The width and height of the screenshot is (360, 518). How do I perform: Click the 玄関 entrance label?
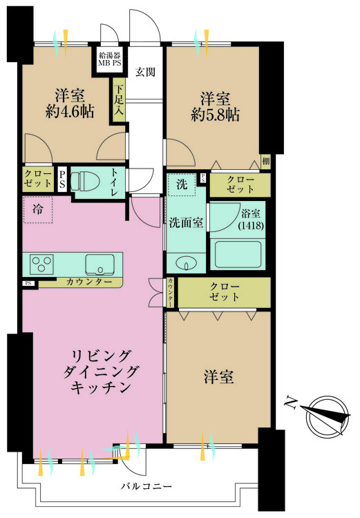145,70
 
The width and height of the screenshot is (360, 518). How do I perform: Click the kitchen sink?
101,264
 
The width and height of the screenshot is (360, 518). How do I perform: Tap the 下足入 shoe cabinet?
120,101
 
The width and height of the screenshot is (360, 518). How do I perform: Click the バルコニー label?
149,487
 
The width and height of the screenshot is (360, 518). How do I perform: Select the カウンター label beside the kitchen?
89,282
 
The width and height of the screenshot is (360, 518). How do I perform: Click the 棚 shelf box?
265,162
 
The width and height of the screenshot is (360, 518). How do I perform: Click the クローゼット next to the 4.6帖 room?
37,179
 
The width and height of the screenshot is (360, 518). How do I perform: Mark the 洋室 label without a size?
218,377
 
